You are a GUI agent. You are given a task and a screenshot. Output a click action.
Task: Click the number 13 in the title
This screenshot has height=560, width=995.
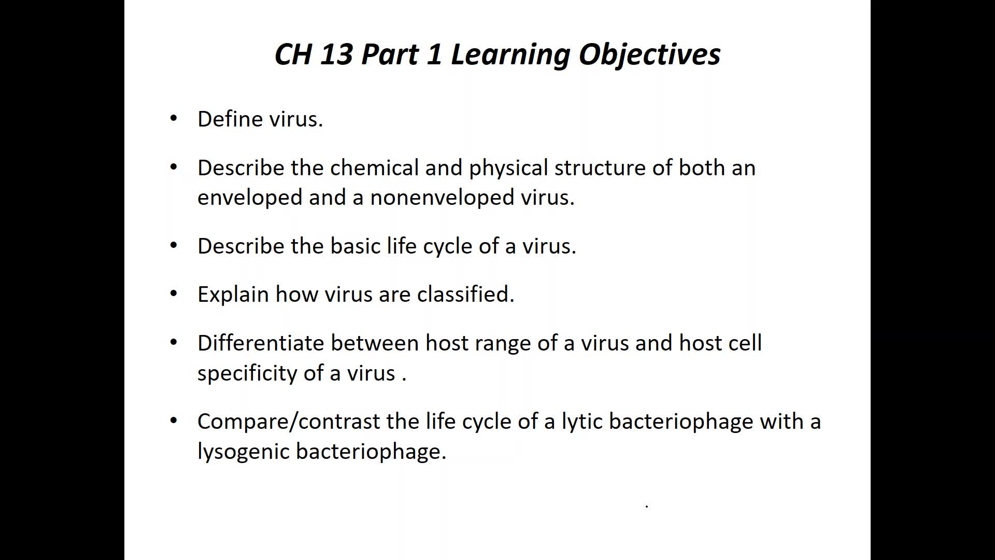click(x=336, y=54)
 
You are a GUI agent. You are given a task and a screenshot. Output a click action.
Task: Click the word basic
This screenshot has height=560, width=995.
click(x=356, y=245)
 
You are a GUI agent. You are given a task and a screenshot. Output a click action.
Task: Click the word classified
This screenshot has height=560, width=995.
click(x=465, y=294)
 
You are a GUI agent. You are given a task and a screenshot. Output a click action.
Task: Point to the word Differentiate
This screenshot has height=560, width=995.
click(x=260, y=343)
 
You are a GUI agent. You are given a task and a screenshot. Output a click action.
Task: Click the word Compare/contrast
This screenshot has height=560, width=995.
click(x=289, y=422)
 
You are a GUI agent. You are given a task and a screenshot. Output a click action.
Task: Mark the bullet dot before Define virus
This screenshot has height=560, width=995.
click(x=174, y=118)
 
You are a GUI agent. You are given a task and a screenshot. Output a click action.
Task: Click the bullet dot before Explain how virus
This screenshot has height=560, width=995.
click(x=174, y=293)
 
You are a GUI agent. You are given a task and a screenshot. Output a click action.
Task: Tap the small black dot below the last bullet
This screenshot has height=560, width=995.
click(x=647, y=506)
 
